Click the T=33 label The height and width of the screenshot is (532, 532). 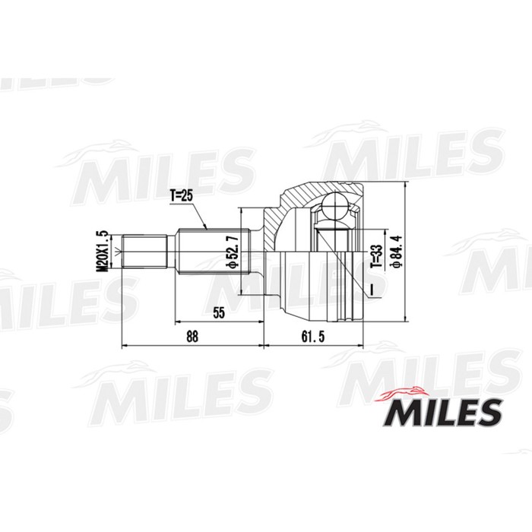point(374,258)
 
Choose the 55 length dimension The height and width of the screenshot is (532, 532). point(219,312)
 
